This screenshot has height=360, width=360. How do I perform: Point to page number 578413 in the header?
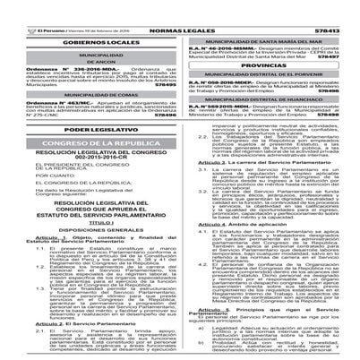pos(340,7)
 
